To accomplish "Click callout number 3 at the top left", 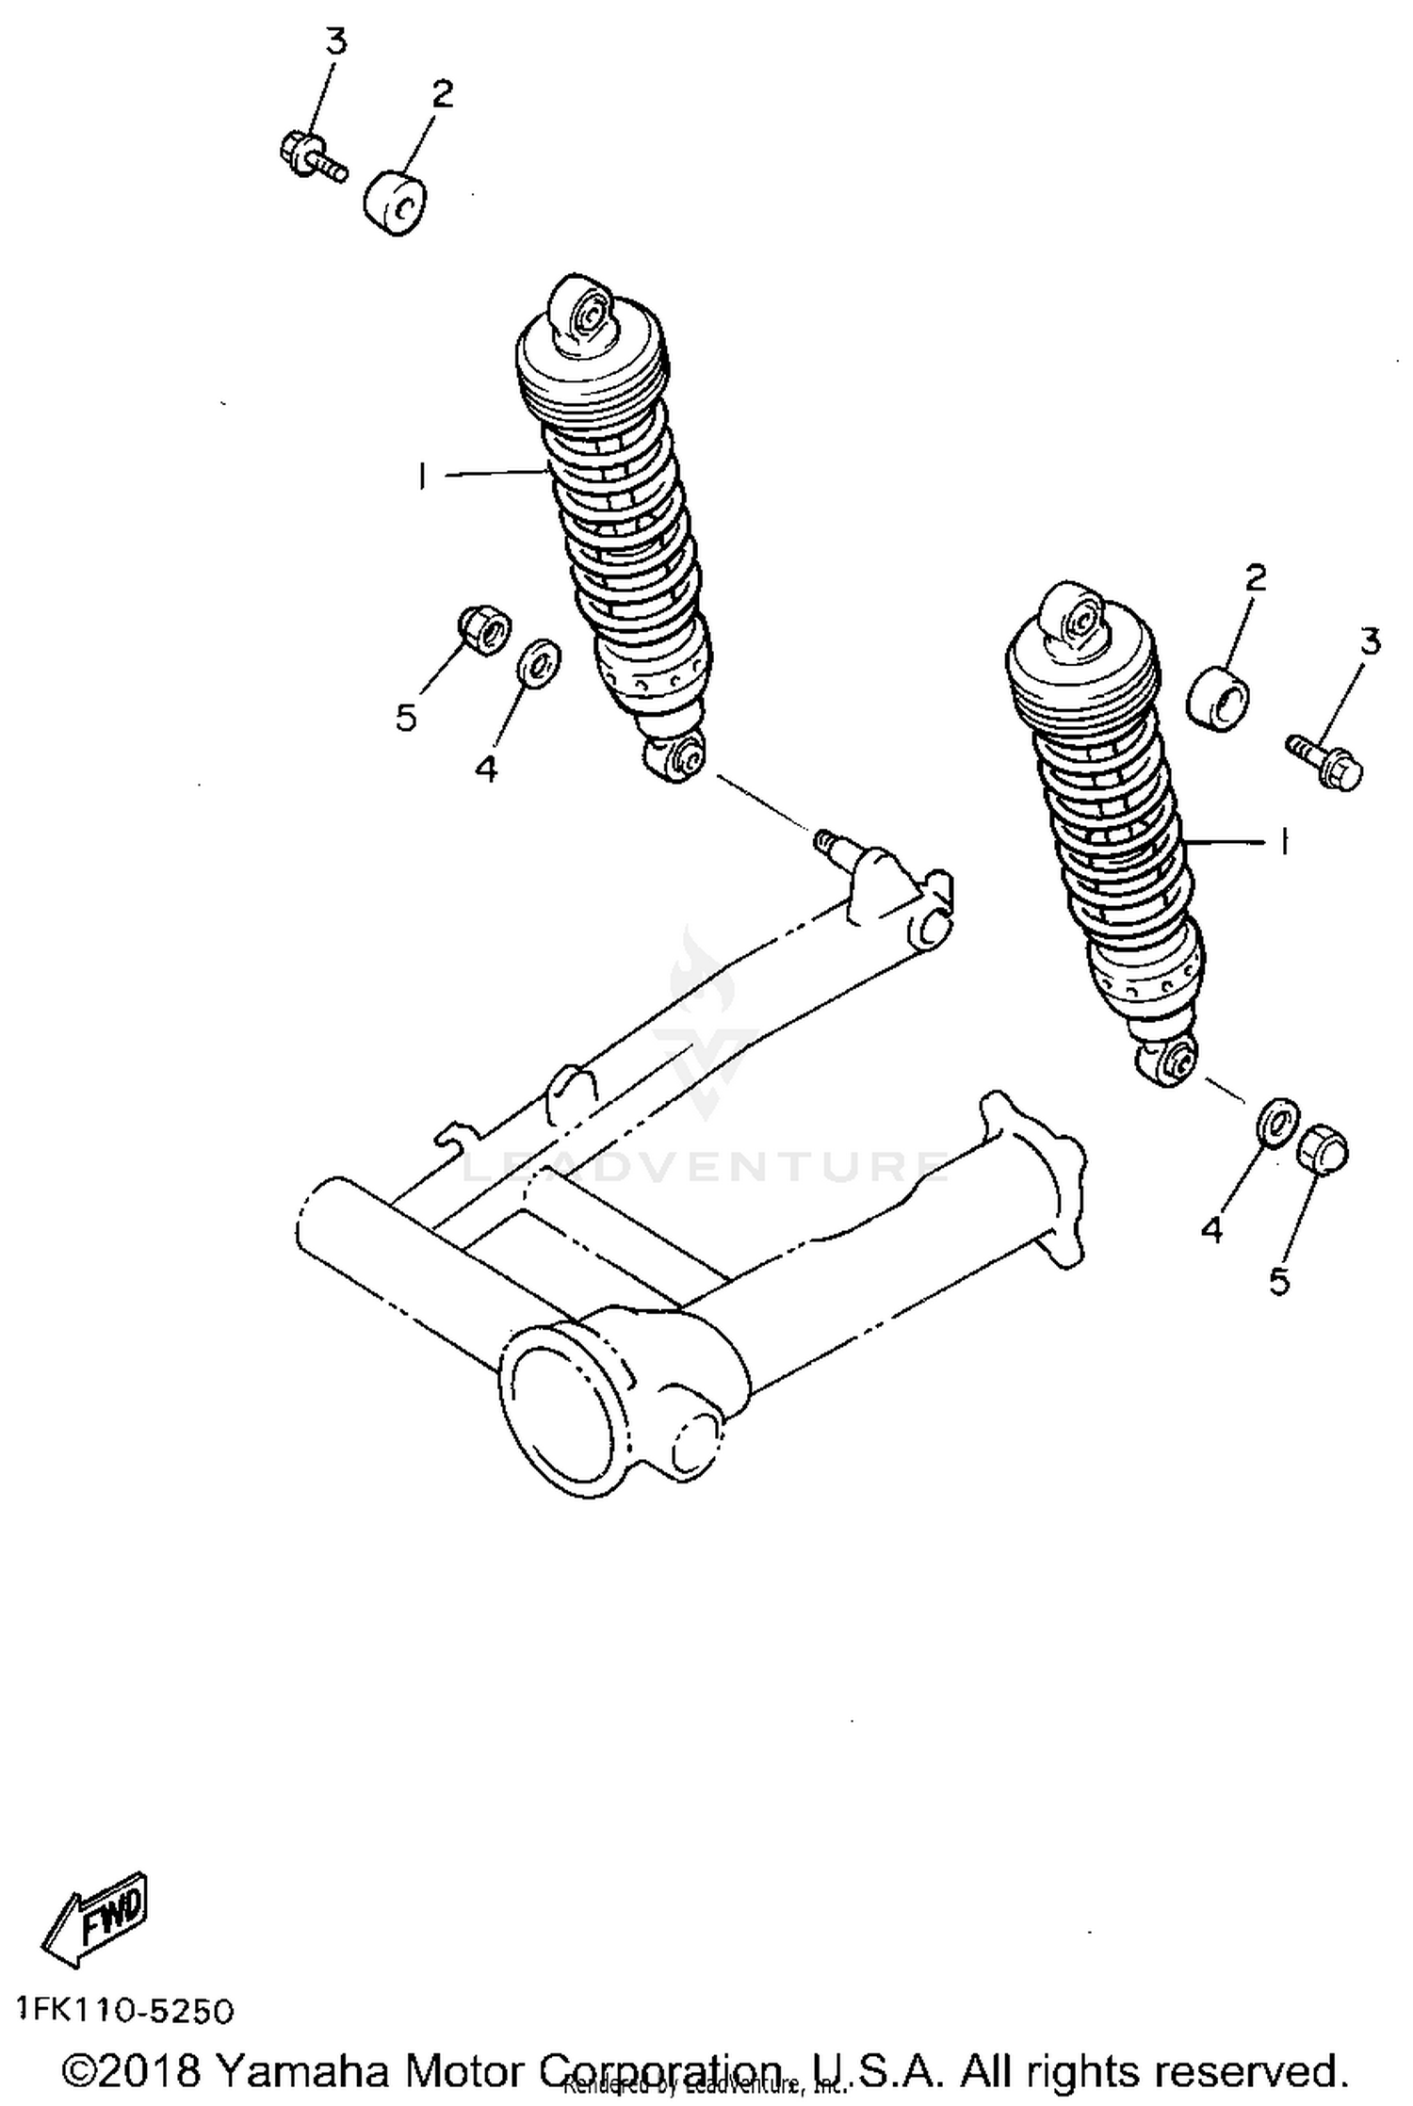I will (335, 42).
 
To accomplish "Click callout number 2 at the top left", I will (443, 93).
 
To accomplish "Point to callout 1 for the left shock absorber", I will (422, 477).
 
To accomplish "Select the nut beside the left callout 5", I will (484, 630).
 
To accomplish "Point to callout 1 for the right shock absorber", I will (1282, 841).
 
